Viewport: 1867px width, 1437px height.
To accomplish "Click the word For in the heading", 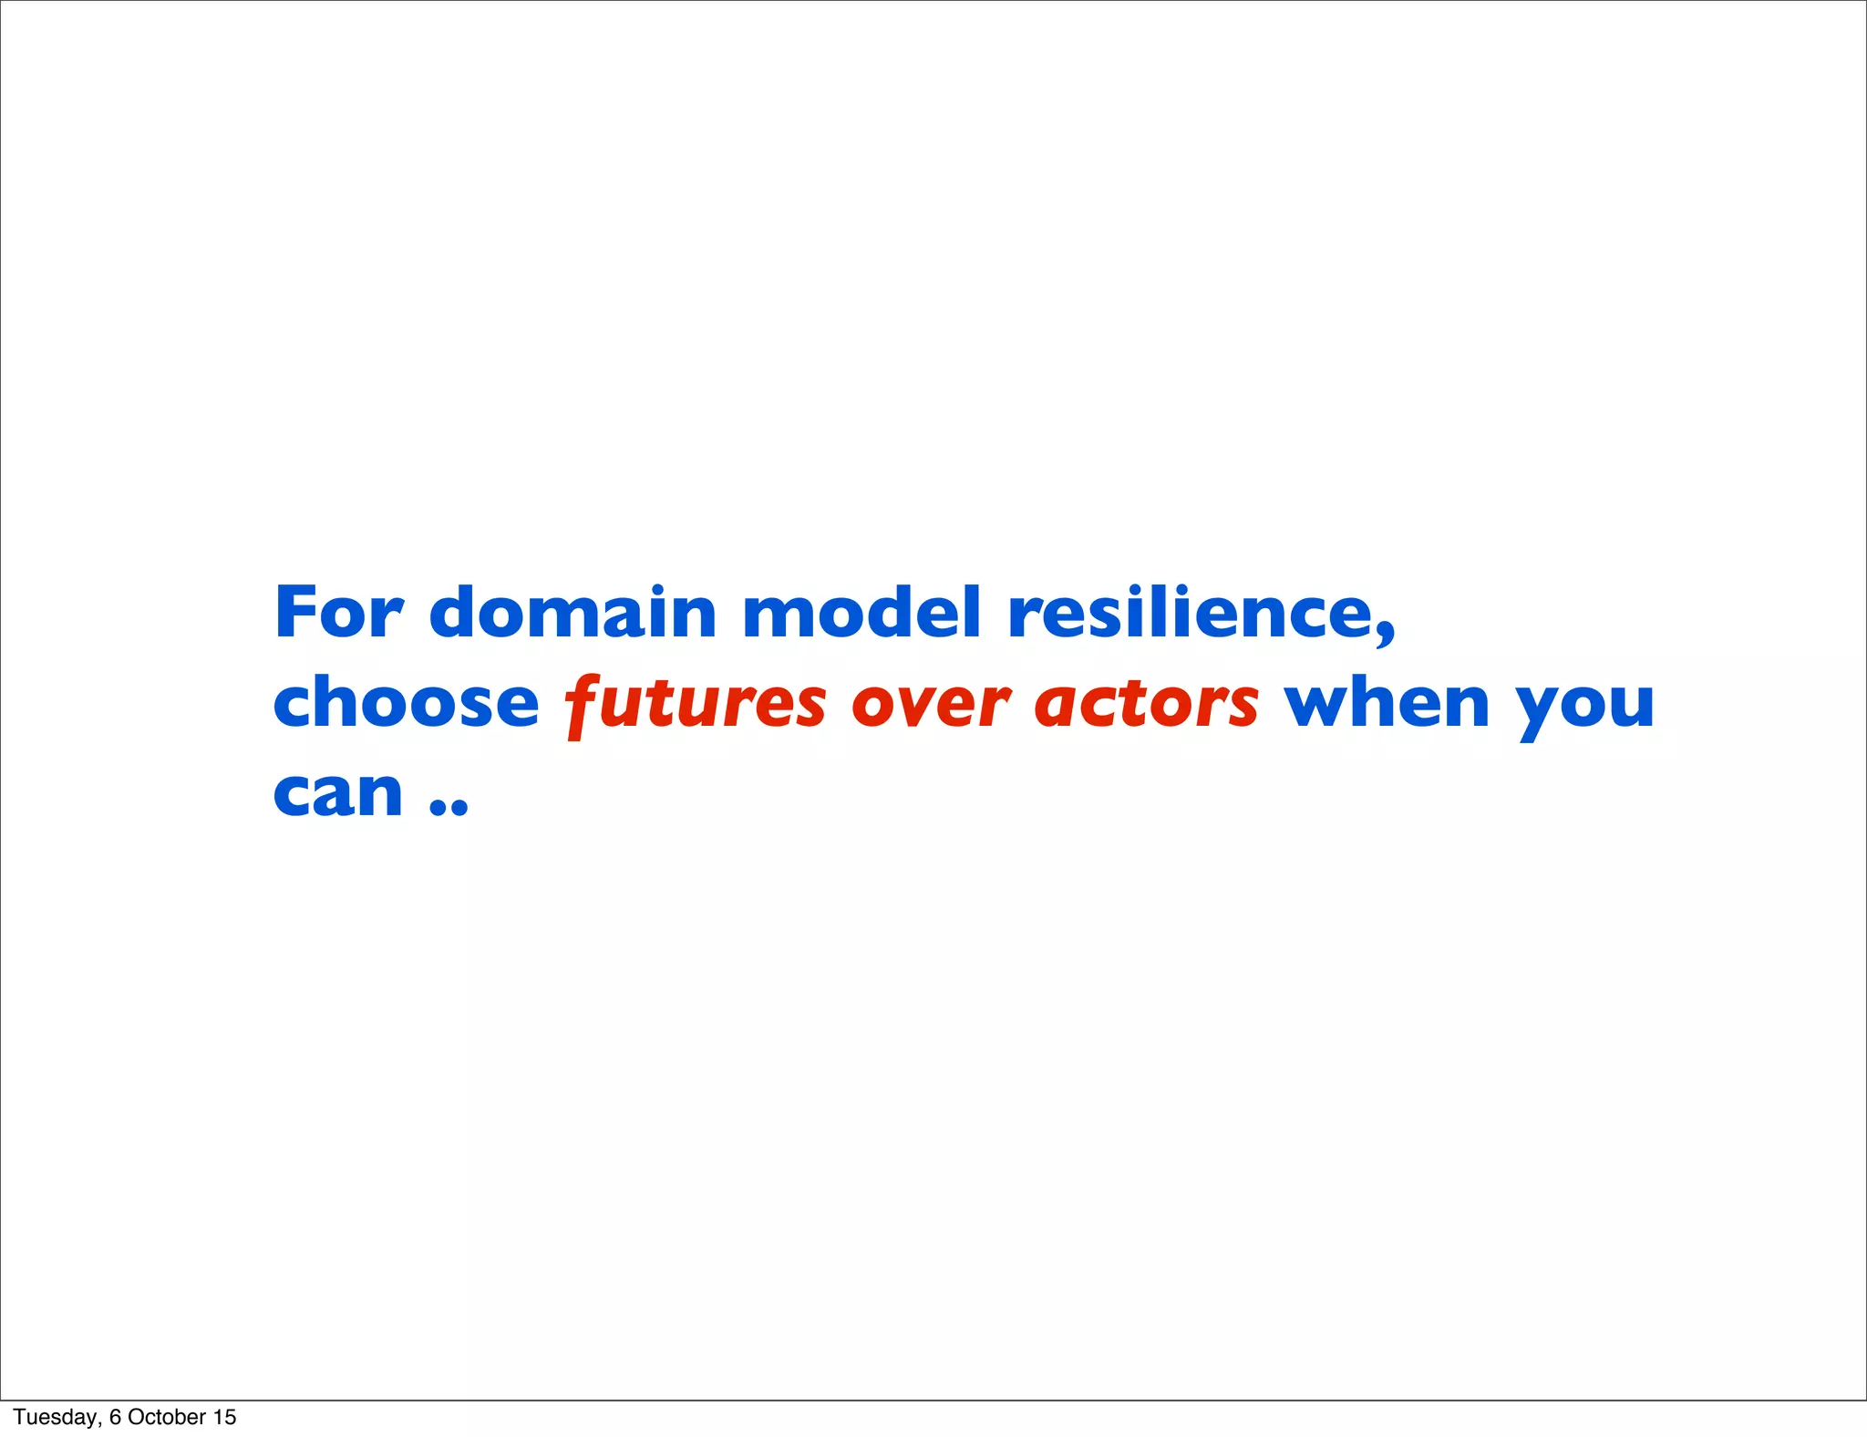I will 338,612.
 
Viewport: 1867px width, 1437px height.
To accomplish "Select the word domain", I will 572,612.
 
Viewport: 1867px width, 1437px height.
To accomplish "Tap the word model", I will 861,612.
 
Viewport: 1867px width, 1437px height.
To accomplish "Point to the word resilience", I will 1192,612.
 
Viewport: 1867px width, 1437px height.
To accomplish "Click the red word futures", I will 696,704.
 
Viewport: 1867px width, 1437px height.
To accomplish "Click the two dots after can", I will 449,806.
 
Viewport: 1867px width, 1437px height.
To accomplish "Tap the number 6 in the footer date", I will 115,1417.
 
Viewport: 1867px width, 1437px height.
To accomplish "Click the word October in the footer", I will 167,1417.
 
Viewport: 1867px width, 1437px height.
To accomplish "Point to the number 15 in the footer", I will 224,1417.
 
